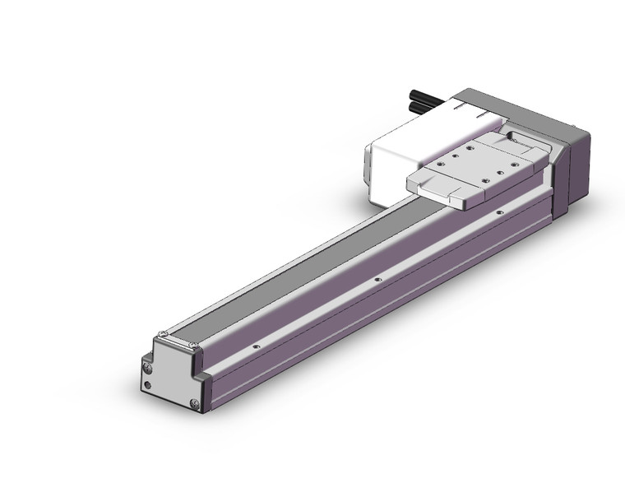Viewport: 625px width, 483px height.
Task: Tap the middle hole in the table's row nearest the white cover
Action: [469, 149]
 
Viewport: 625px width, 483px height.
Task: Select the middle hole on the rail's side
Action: [377, 280]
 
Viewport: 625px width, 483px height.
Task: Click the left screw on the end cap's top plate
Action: [163, 335]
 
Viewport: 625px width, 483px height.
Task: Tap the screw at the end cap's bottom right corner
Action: [193, 402]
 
